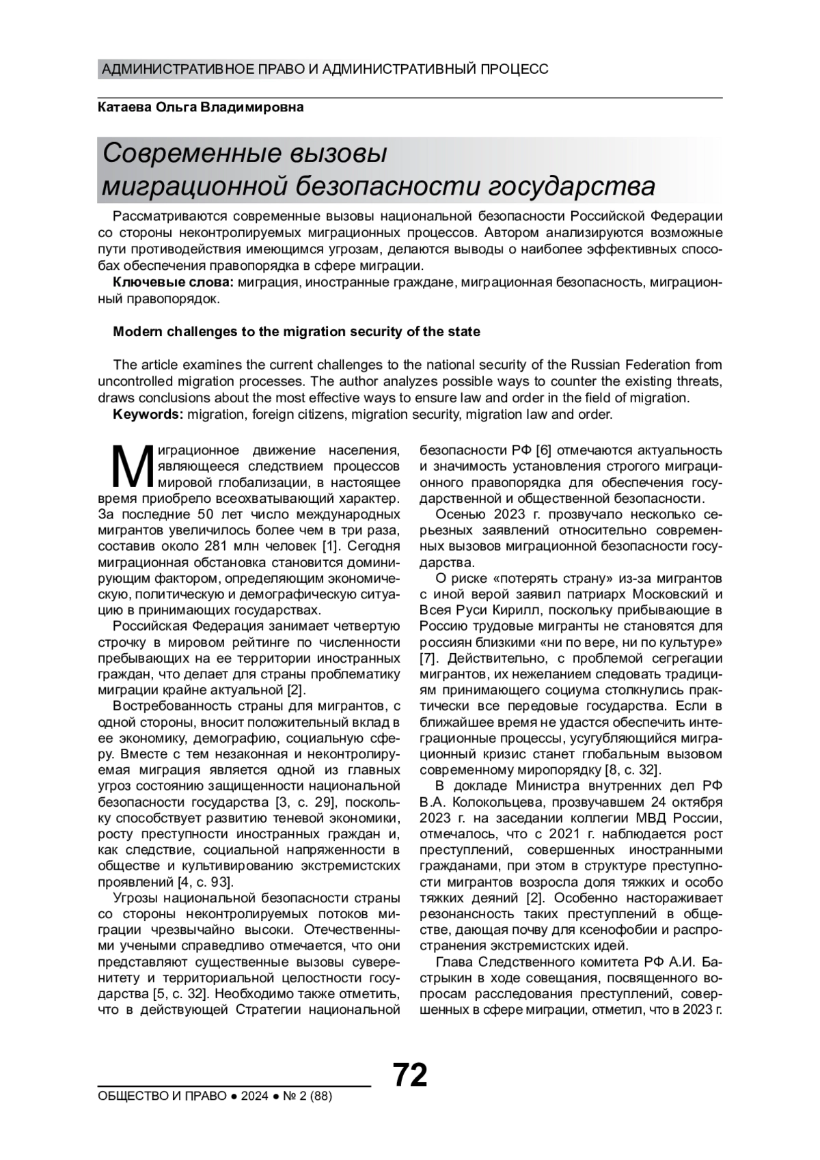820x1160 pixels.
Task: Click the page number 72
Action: pos(410,1075)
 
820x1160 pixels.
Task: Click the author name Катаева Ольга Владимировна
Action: pos(201,108)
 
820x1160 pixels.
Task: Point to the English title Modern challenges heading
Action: pos(296,332)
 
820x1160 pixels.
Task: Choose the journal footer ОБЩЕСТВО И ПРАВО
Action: pos(163,1096)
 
